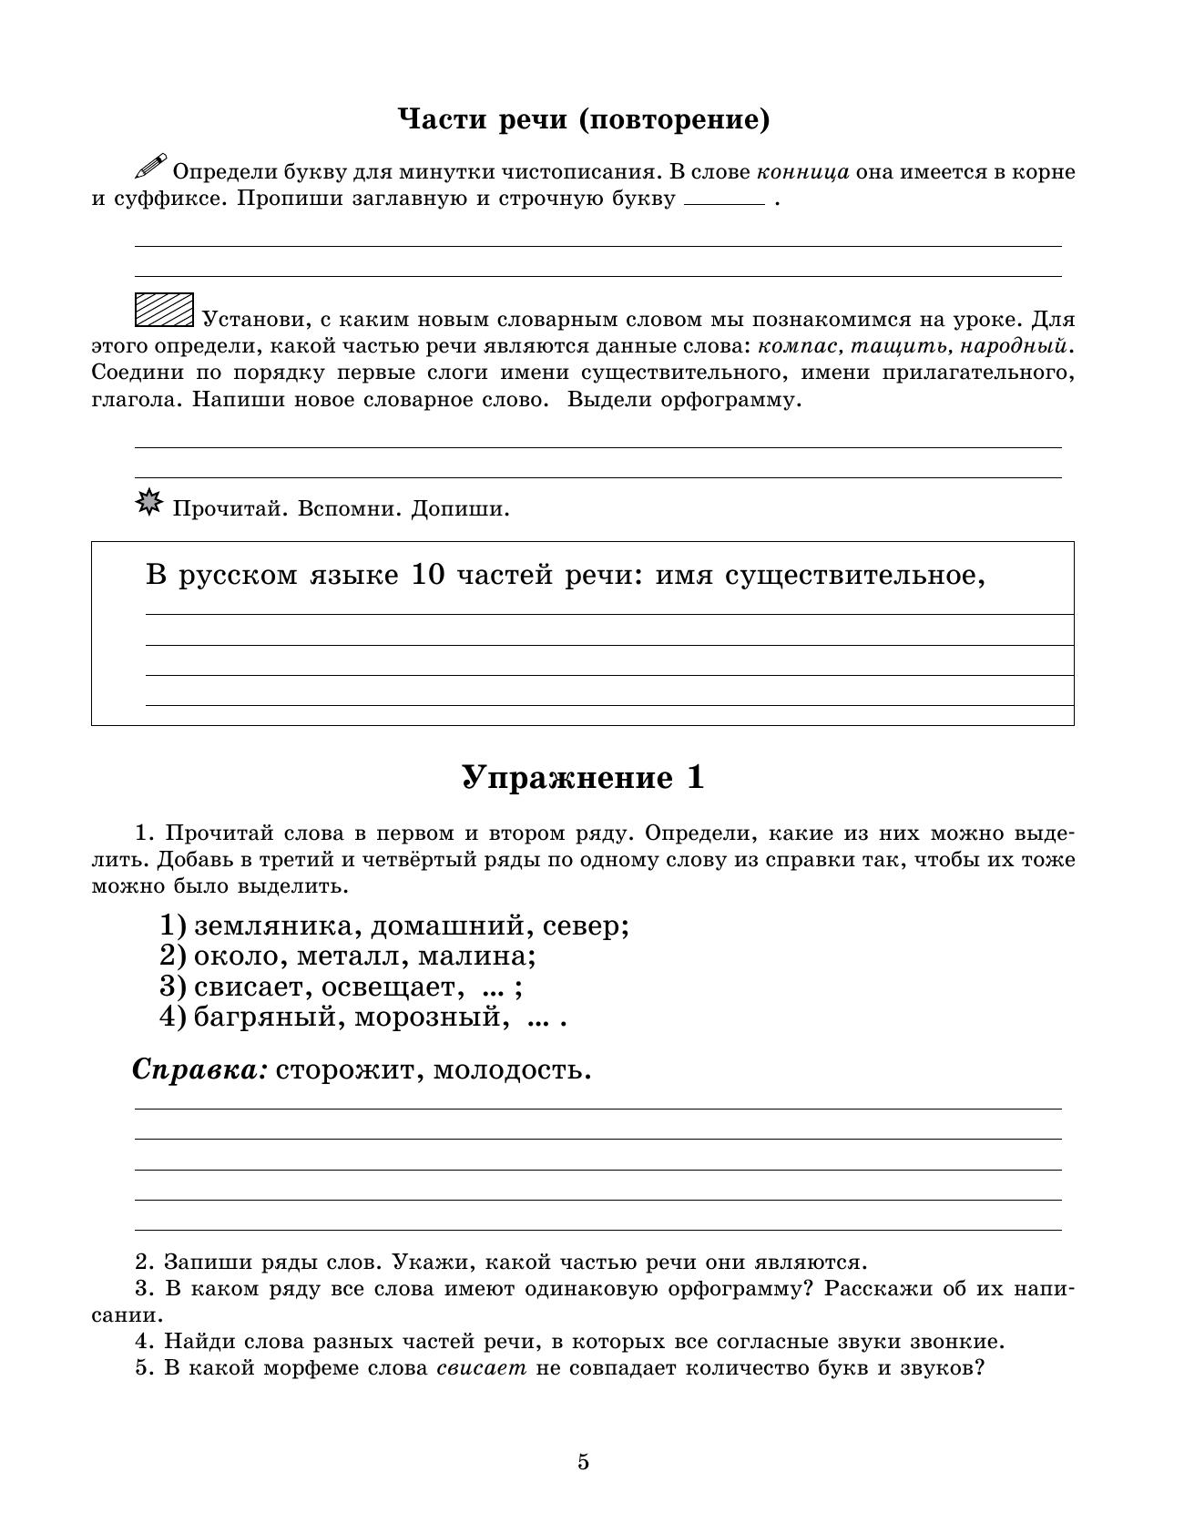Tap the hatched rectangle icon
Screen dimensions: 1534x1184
(x=164, y=310)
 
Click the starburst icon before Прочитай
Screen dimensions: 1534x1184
(x=148, y=503)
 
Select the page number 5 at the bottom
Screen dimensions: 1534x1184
(x=583, y=1462)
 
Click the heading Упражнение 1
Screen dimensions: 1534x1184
(x=583, y=777)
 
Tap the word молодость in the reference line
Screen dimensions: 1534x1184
(x=512, y=1069)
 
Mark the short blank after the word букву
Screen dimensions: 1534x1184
(x=724, y=203)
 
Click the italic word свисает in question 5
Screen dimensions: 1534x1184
(x=482, y=1368)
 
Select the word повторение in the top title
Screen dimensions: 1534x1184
(x=673, y=119)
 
